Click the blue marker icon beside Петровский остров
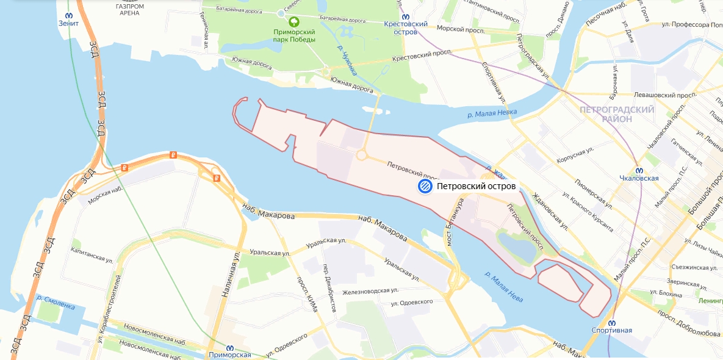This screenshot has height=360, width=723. point(425,186)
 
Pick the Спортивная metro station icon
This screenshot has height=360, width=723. point(611,322)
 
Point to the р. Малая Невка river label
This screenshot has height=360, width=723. point(492,113)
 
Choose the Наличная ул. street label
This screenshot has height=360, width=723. point(232,276)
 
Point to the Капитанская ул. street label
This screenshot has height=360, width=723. point(92,254)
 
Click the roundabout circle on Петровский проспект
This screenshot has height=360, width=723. point(361,156)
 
